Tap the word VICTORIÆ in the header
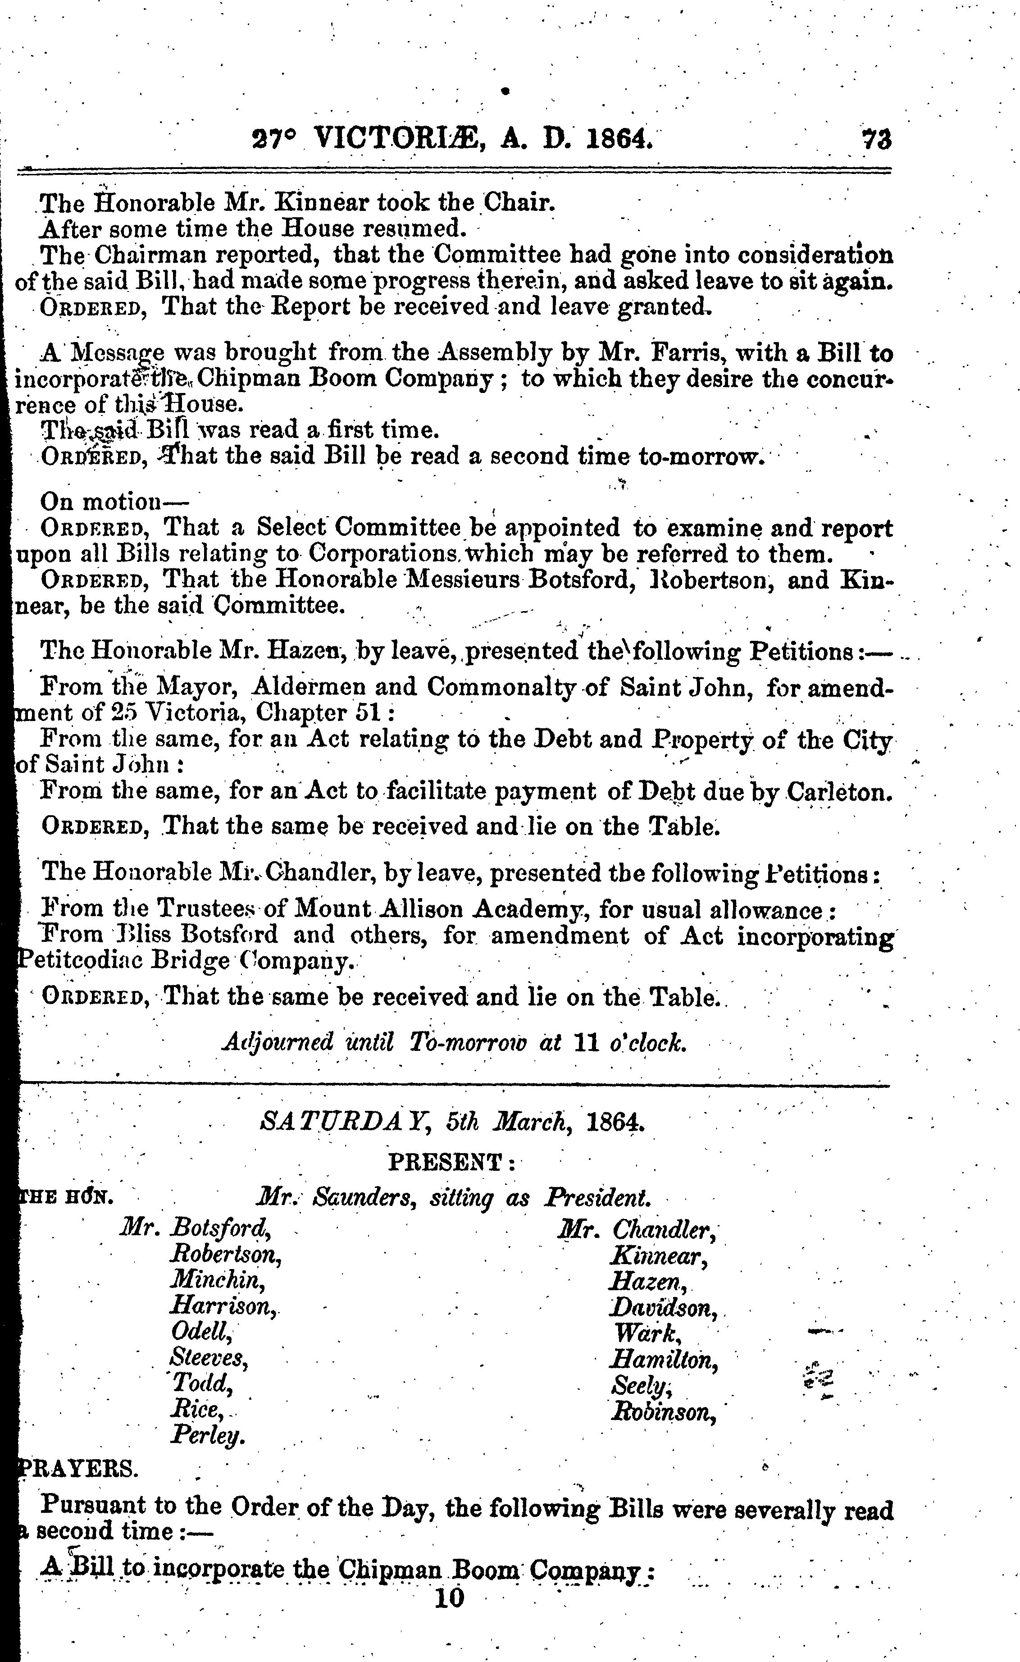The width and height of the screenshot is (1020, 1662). click(398, 138)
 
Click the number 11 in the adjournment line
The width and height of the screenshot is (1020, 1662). click(583, 1042)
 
